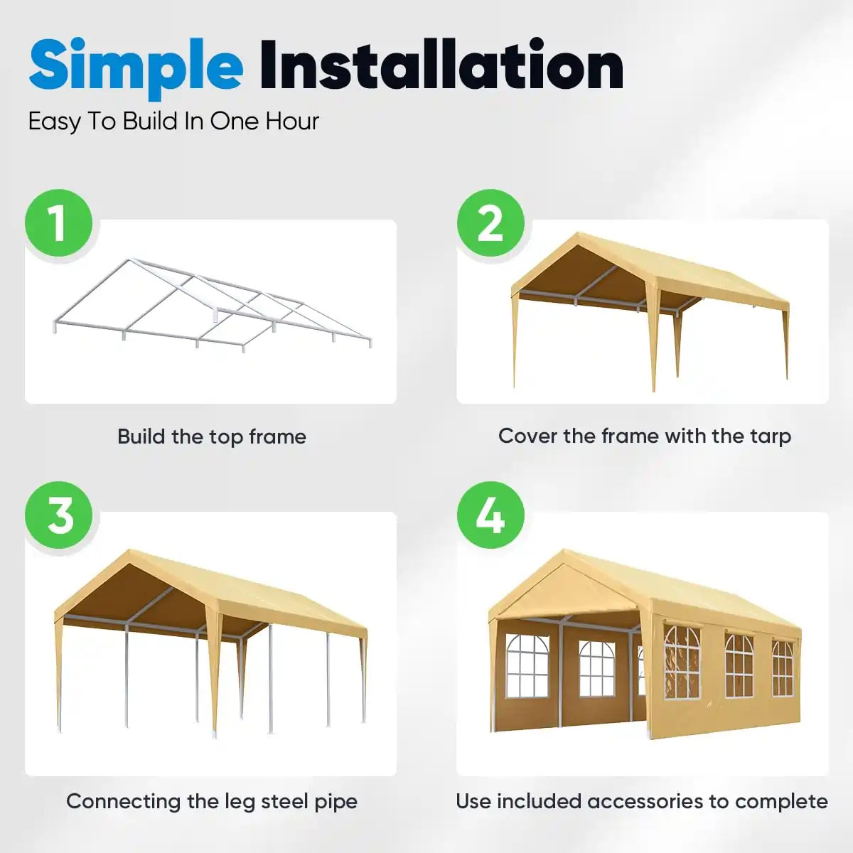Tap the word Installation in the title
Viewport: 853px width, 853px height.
(441, 65)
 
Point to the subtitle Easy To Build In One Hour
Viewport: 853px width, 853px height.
(173, 122)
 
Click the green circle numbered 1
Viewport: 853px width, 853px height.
(59, 223)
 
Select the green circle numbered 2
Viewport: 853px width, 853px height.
(490, 223)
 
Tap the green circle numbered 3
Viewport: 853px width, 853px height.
(59, 515)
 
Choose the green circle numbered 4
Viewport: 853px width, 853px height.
(490, 515)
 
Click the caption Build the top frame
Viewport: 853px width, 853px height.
(211, 436)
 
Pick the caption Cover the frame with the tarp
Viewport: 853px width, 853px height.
(644, 436)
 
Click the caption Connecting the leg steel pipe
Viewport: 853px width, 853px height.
(211, 802)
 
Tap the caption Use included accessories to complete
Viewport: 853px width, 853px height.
(641, 802)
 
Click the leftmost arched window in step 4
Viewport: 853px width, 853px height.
(527, 667)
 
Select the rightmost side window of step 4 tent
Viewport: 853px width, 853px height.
(782, 668)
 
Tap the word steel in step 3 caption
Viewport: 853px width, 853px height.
(284, 802)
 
